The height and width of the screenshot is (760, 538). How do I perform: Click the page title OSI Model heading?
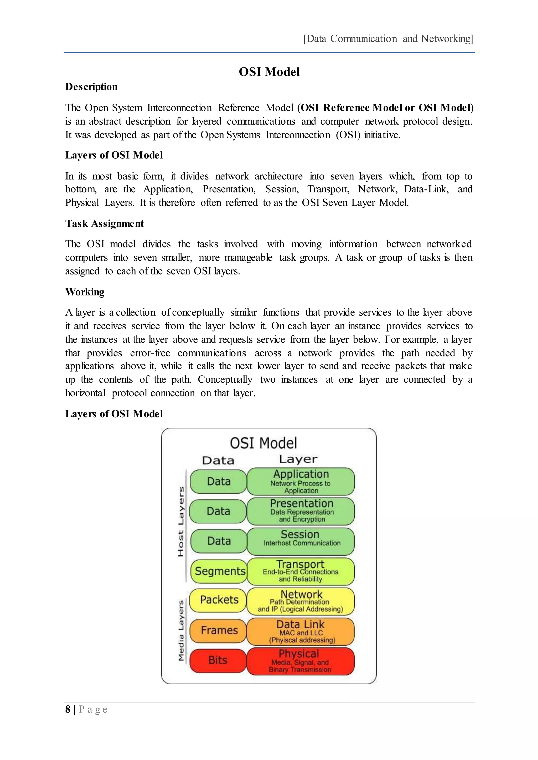tap(269, 72)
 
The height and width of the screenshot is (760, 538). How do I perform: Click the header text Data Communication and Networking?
tap(388, 39)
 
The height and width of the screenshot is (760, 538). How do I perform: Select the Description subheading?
tap(91, 87)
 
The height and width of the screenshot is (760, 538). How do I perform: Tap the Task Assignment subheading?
tap(104, 223)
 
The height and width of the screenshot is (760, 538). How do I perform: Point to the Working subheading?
tap(85, 292)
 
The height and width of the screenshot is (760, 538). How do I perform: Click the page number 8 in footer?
tap(68, 709)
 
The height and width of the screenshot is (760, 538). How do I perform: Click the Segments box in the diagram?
tap(219, 571)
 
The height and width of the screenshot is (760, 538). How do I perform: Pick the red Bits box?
tap(218, 660)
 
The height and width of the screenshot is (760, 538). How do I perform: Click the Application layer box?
tap(301, 482)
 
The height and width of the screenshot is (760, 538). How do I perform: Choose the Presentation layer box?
tap(301, 511)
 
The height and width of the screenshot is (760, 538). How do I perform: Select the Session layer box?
tap(301, 541)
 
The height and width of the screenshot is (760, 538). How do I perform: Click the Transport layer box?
tap(301, 571)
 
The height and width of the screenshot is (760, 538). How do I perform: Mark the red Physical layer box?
tap(301, 661)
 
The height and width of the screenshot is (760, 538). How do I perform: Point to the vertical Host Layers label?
tap(181, 522)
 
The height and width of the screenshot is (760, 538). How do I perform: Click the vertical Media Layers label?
tap(181, 631)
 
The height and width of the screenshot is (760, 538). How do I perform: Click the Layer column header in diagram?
tap(298, 459)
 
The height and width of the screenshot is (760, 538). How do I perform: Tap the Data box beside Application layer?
tap(219, 481)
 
